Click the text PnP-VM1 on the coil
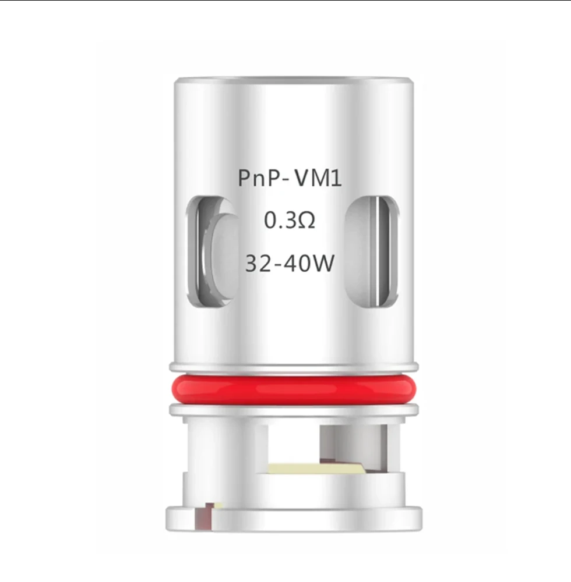pyautogui.click(x=289, y=178)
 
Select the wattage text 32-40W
pyautogui.click(x=290, y=263)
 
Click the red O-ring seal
pyautogui.click(x=294, y=389)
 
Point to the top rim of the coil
pyautogui.click(x=294, y=80)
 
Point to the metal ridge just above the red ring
pyautogui.click(x=294, y=367)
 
